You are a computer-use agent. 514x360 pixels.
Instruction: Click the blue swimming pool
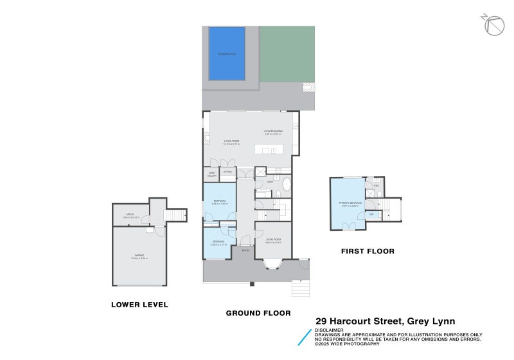[x=227, y=53]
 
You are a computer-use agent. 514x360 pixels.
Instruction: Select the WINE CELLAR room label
[x=211, y=173]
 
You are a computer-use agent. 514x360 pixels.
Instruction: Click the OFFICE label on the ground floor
[x=227, y=172]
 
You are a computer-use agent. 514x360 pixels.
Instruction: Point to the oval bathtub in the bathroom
[x=286, y=188]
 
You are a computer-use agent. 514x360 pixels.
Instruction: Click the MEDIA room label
[x=130, y=215]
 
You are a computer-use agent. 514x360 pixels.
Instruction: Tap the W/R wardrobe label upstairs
[x=371, y=215]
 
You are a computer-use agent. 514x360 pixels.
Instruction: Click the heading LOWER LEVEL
[x=139, y=305]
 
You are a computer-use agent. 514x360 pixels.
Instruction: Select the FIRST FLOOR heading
[x=368, y=251]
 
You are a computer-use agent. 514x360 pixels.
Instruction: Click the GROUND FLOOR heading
[x=258, y=313]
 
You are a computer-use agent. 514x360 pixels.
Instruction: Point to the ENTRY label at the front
[x=245, y=251]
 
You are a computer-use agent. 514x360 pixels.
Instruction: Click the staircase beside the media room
[x=175, y=215]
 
